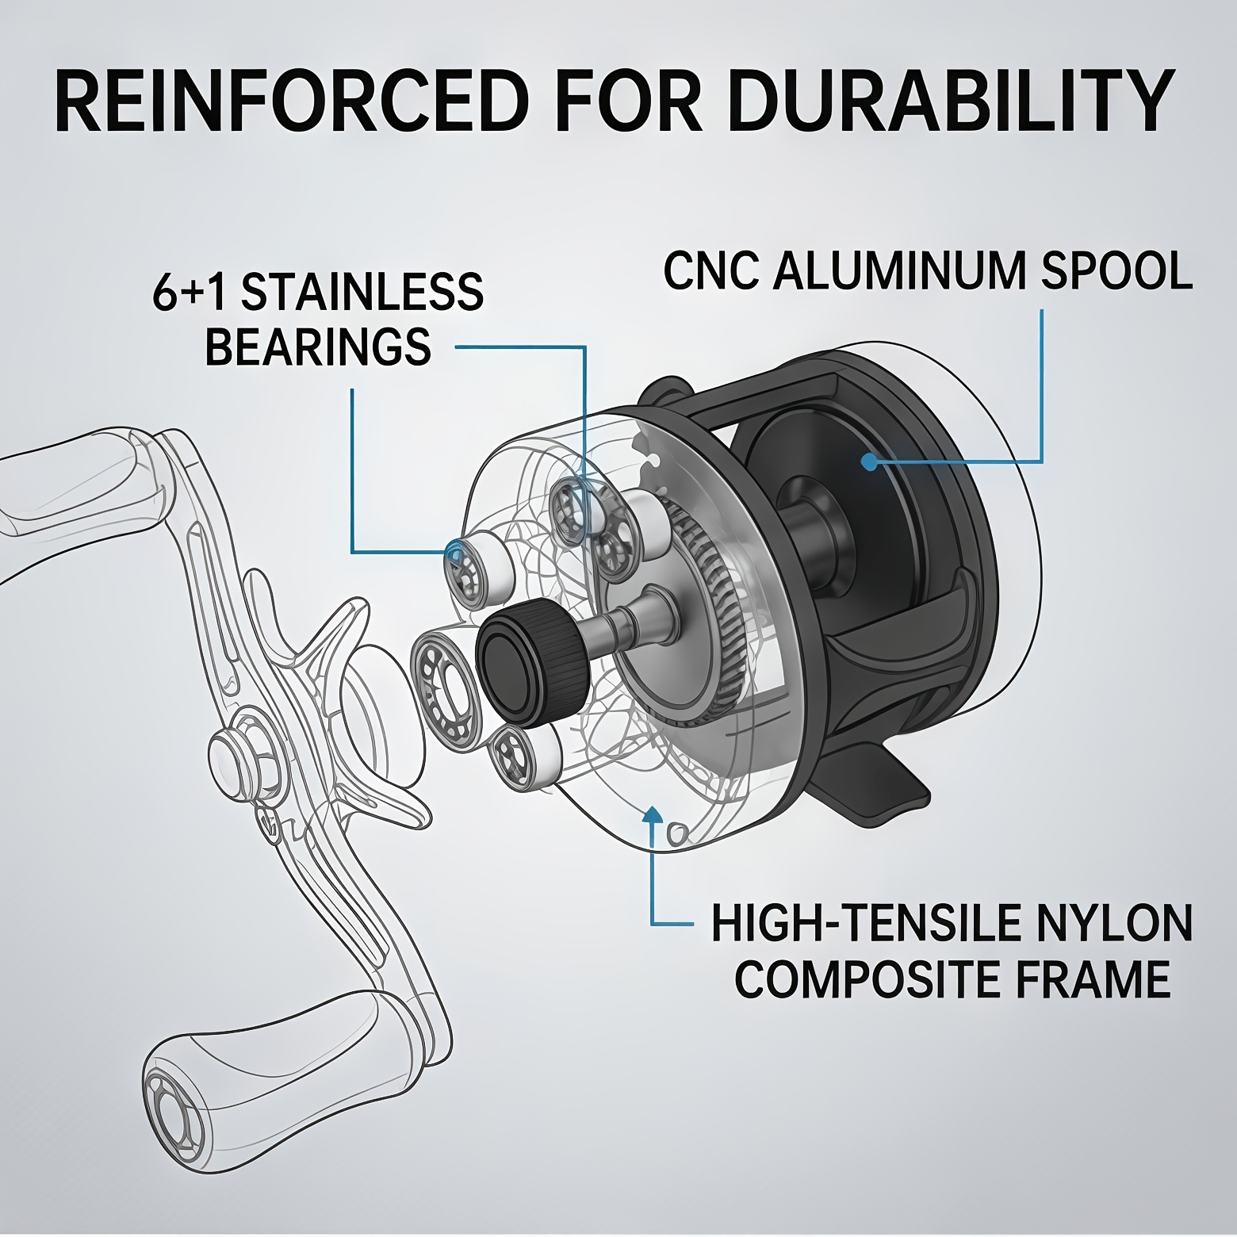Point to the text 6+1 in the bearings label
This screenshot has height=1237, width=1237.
point(190,291)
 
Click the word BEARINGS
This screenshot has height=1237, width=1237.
point(318,346)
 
